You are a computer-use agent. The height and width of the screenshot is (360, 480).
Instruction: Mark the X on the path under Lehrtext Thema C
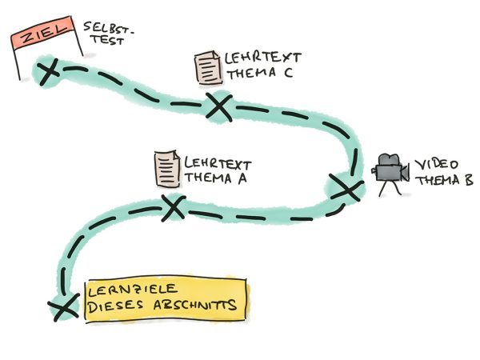218,106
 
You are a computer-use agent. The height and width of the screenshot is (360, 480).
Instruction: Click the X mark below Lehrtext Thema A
173,208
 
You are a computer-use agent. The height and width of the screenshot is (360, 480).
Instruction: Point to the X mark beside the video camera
346,189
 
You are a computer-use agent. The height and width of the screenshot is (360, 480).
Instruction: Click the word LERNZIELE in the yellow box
131,290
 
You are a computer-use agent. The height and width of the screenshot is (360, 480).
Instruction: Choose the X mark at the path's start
60,308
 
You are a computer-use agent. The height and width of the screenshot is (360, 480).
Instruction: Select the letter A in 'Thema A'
239,178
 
